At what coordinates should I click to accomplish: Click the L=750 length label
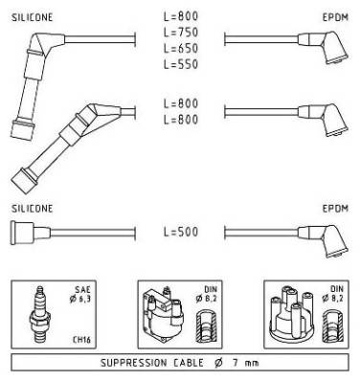pyautogui.click(x=181, y=33)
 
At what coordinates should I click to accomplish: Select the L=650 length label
pyautogui.click(x=181, y=48)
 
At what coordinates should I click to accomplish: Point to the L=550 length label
pyautogui.click(x=181, y=64)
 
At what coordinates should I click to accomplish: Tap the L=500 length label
pyautogui.click(x=181, y=232)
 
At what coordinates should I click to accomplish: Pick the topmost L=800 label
pyautogui.click(x=181, y=16)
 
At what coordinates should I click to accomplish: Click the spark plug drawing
pyautogui.click(x=39, y=314)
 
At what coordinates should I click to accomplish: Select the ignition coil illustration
pyautogui.click(x=164, y=315)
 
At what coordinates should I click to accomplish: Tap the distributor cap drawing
pyautogui.click(x=292, y=314)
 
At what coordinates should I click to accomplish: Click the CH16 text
pyautogui.click(x=81, y=339)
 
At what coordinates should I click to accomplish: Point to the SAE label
pyautogui.click(x=82, y=289)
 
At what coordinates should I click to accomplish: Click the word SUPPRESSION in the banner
pyautogui.click(x=133, y=363)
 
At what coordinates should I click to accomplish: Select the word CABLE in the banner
pyautogui.click(x=189, y=363)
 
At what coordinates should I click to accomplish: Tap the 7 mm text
pyautogui.click(x=245, y=363)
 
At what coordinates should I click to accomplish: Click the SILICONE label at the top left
pyautogui.click(x=33, y=17)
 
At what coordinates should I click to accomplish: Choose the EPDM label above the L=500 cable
pyautogui.click(x=335, y=209)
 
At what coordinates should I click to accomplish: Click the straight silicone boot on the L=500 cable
pyautogui.click(x=31, y=233)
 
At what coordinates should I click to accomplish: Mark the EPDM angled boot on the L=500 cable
pyautogui.click(x=323, y=240)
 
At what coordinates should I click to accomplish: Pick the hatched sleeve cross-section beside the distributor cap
pyautogui.click(x=332, y=326)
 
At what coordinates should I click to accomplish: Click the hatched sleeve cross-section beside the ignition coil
pyautogui.click(x=206, y=326)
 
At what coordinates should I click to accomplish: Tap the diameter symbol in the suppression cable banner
pyautogui.click(x=218, y=363)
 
